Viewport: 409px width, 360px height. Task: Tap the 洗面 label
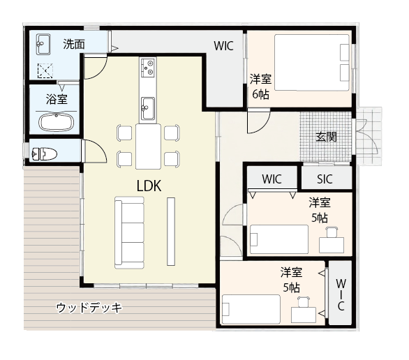point(74,44)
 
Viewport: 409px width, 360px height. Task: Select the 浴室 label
point(57,99)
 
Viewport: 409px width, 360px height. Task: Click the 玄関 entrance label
point(326,137)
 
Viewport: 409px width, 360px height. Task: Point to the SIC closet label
point(325,179)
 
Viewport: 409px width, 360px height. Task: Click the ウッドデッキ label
point(89,307)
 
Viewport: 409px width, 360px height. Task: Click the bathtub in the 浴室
point(55,122)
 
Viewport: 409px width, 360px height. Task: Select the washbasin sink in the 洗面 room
point(41,45)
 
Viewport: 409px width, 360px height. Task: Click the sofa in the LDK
point(129,231)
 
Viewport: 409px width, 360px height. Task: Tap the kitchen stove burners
point(147,68)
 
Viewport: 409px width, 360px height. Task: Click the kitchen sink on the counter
point(147,107)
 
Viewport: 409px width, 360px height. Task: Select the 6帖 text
point(260,95)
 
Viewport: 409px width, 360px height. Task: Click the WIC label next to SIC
point(272,179)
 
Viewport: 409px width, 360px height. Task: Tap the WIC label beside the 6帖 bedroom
point(223,47)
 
